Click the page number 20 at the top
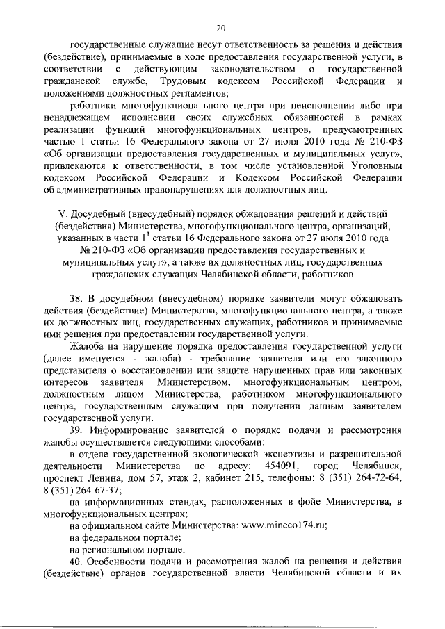tap(222, 28)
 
